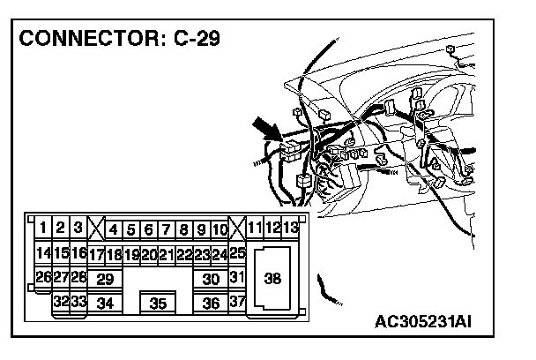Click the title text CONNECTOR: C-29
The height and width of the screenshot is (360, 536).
coord(121,39)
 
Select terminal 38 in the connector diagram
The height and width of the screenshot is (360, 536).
coord(272,278)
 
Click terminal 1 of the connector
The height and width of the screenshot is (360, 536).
coord(42,229)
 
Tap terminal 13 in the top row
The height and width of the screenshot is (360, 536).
coord(291,229)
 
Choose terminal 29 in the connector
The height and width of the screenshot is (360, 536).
coord(105,279)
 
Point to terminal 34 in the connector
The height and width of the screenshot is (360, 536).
coord(105,303)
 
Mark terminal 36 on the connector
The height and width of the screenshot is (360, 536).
coord(211,303)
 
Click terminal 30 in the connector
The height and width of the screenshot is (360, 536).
coord(211,279)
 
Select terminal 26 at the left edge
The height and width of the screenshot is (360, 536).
coord(42,276)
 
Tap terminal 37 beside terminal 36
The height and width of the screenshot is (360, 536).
coord(236,302)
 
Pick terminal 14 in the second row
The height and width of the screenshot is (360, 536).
coord(42,253)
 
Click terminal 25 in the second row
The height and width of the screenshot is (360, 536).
coord(237,253)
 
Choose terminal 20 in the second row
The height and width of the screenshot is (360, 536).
coord(149,254)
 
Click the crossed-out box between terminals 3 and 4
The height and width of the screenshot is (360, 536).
coord(95,229)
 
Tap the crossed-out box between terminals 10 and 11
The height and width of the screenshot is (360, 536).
coord(236,228)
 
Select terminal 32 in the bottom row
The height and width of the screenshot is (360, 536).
coord(61,301)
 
